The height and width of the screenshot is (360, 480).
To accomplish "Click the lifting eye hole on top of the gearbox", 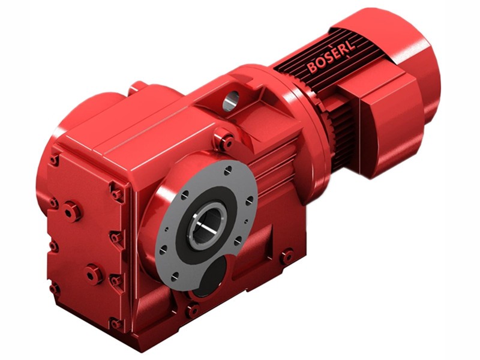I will click(x=231, y=100).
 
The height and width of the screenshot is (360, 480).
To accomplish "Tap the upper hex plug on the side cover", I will click(x=72, y=211).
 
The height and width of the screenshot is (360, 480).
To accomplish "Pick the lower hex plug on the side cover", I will click(x=94, y=273).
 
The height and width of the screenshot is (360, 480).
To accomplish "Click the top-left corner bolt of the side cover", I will click(x=55, y=160).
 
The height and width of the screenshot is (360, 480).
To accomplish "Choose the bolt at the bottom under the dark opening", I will click(x=193, y=310).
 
